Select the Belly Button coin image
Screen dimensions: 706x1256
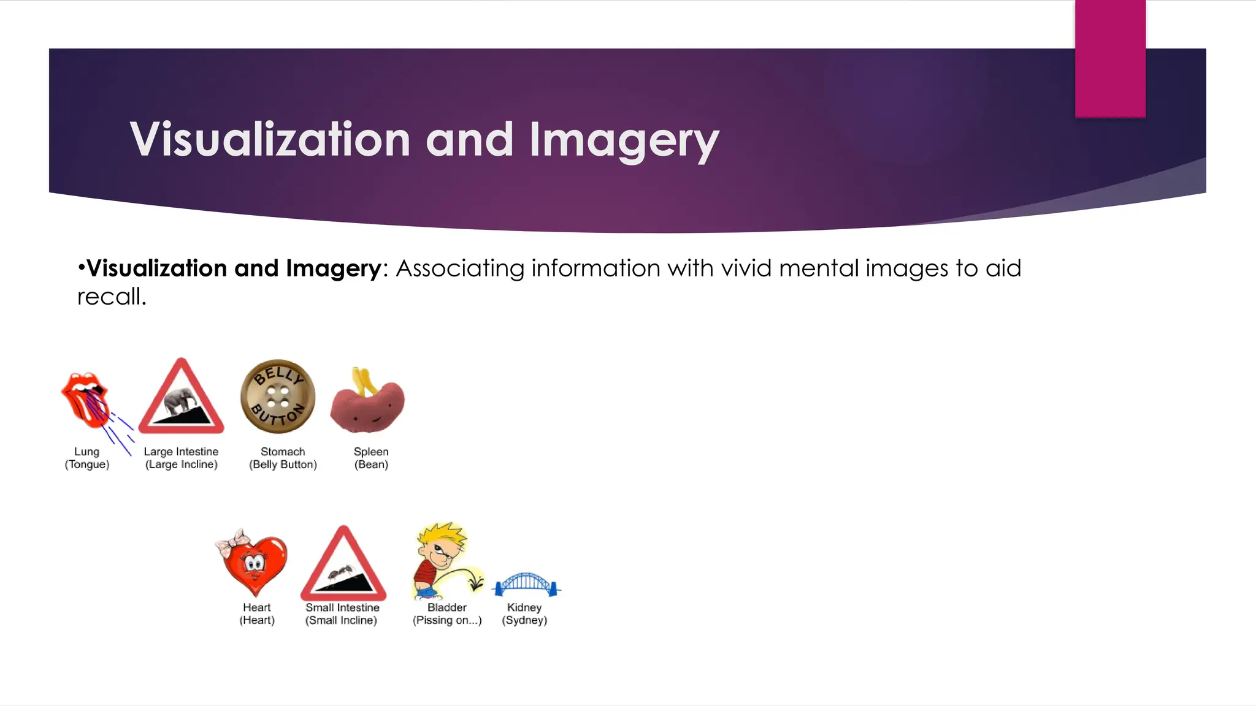tap(278, 397)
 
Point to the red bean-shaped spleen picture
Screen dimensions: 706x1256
tap(368, 404)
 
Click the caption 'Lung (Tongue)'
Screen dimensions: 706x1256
tap(87, 458)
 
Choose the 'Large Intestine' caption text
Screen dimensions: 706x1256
tap(181, 452)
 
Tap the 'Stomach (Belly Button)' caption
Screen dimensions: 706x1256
tap(283, 458)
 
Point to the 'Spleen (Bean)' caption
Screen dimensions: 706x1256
tap(371, 458)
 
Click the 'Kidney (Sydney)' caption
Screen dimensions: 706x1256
tap(524, 613)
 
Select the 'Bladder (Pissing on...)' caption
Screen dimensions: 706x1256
tap(447, 613)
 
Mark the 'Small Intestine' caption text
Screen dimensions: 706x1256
tap(342, 607)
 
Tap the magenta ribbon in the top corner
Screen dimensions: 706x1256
tap(1110, 58)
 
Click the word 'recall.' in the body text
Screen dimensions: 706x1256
tap(112, 297)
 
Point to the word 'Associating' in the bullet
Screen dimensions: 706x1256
tap(460, 268)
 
